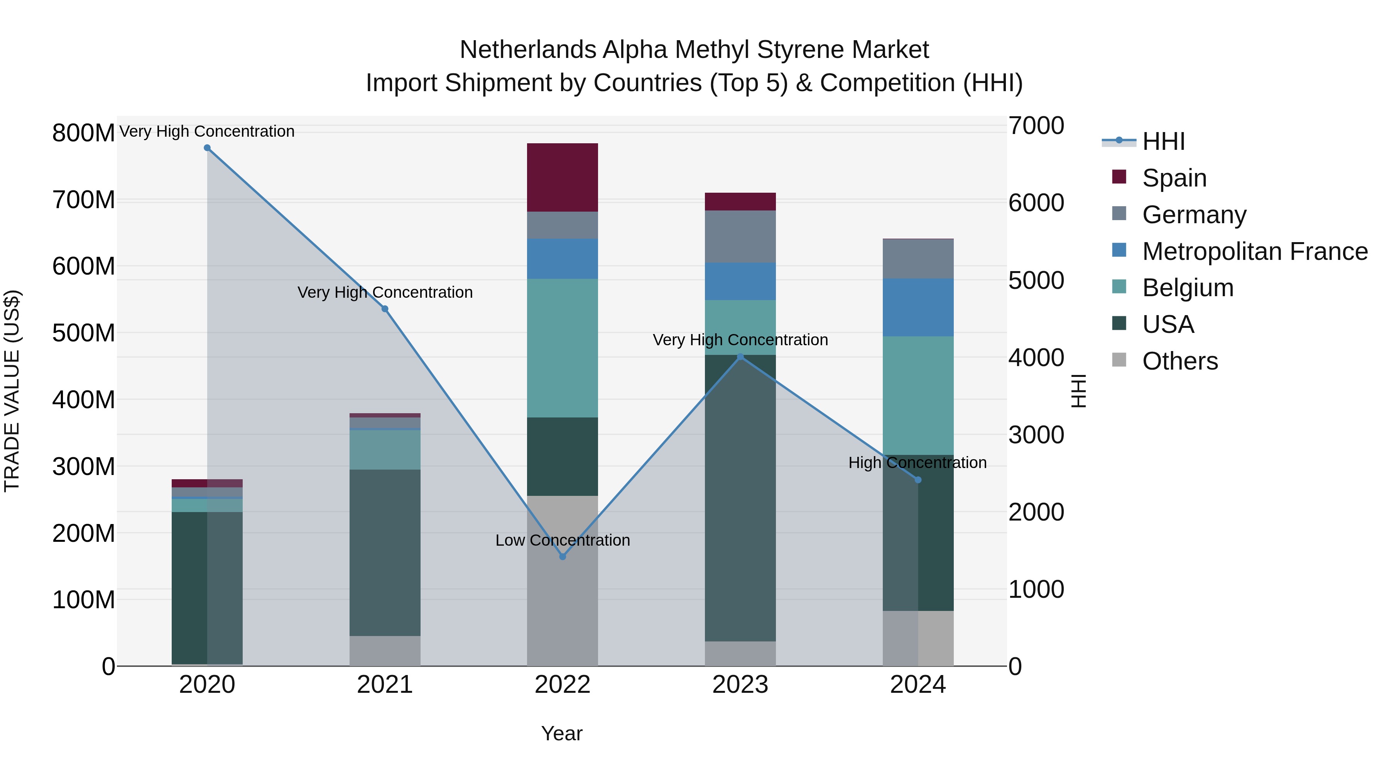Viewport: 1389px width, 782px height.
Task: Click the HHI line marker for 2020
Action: click(x=207, y=148)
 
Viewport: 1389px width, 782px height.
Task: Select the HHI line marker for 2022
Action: click(x=563, y=556)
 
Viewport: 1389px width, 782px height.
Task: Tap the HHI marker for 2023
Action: click(x=740, y=357)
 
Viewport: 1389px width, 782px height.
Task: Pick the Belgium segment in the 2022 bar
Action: click(x=563, y=348)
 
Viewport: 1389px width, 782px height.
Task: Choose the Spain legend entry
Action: click(x=1173, y=178)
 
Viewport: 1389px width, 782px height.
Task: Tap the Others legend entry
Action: click(x=1179, y=361)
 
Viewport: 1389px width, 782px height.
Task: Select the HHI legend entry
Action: click(x=1163, y=141)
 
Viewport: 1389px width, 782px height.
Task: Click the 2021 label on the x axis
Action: click(x=384, y=685)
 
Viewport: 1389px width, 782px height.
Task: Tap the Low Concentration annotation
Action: click(x=563, y=540)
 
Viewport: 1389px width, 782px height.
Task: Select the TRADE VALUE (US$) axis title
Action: click(x=12, y=391)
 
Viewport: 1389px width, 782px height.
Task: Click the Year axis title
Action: click(x=561, y=733)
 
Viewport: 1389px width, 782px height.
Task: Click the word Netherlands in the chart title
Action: click(x=527, y=50)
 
